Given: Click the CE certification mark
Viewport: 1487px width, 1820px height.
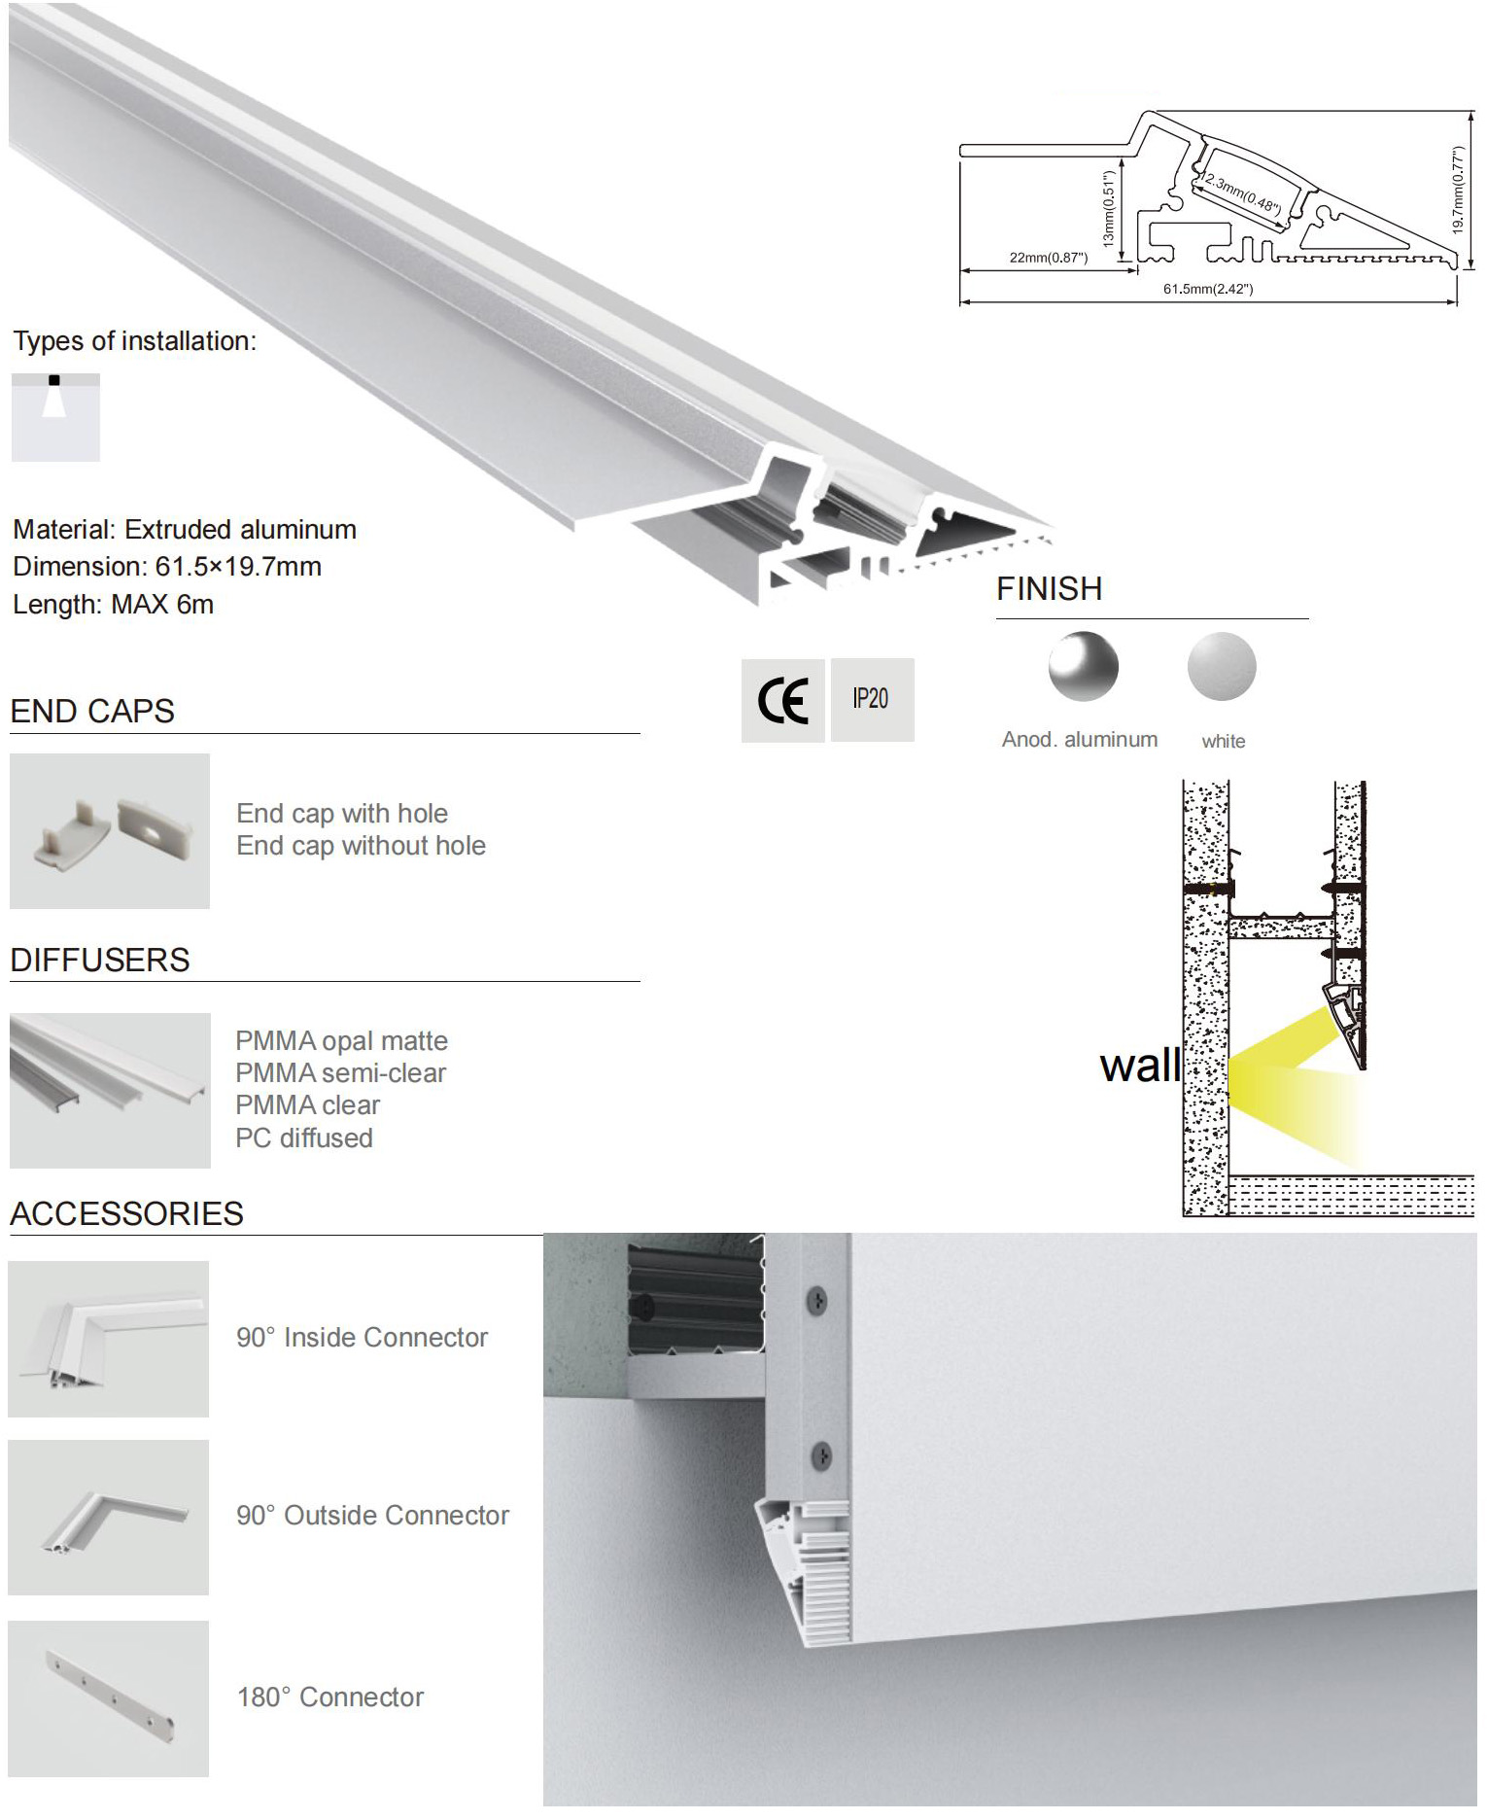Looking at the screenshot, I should coord(782,701).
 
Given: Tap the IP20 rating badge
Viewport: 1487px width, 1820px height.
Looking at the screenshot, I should coord(870,699).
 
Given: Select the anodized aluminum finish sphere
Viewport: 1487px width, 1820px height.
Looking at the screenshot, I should coord(1083,667).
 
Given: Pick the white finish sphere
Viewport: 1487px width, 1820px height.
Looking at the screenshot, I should coord(1222,667).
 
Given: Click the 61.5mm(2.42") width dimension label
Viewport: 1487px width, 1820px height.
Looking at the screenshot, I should coord(1208,289).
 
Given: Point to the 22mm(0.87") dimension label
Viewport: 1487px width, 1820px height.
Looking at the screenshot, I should coord(1048,258).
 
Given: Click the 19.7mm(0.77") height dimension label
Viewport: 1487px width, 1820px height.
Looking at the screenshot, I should coord(1457,190).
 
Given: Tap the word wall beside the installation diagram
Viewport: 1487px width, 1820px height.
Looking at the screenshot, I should coord(1139,1066).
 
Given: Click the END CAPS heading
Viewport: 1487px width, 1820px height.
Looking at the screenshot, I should coord(92,711).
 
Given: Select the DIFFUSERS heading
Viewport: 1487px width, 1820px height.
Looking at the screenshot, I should coord(100,960).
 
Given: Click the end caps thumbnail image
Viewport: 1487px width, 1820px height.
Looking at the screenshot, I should coord(110,831).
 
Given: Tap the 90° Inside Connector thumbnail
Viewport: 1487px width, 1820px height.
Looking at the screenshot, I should coord(109,1339).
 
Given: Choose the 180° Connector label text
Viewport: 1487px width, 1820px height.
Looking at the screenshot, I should coord(330,1697).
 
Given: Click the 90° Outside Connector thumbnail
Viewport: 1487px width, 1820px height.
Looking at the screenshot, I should coord(109,1518).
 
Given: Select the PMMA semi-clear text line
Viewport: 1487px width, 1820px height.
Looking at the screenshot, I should coord(340,1073).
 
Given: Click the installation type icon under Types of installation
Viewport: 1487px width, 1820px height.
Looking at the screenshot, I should coord(55,417).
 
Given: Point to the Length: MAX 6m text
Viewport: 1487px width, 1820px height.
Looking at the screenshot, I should coord(113,604).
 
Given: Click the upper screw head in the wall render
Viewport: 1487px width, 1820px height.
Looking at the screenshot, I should coord(819,1298).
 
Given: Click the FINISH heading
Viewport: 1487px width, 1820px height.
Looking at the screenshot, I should coord(1049,589).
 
